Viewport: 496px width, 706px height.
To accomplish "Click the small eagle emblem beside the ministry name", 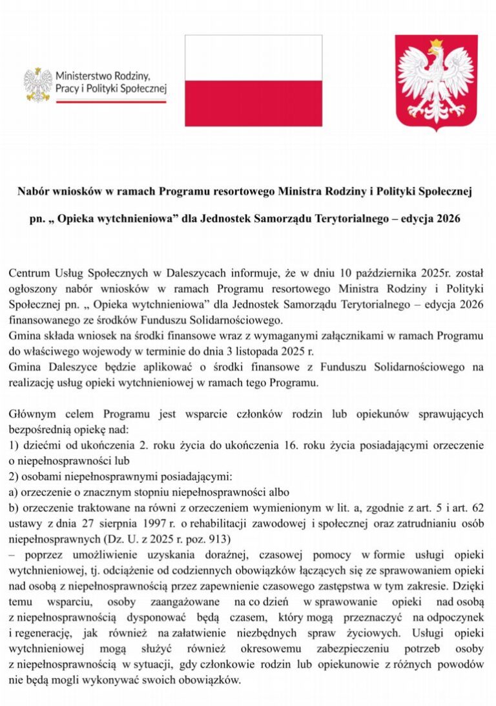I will (x=37, y=84).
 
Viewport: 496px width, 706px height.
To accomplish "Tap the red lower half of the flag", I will (x=253, y=103).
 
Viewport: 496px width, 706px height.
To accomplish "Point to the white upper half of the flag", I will (x=253, y=58).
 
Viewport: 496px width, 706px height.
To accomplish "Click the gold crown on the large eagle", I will (x=436, y=45).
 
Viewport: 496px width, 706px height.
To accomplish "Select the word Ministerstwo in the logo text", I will (x=81, y=75).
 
